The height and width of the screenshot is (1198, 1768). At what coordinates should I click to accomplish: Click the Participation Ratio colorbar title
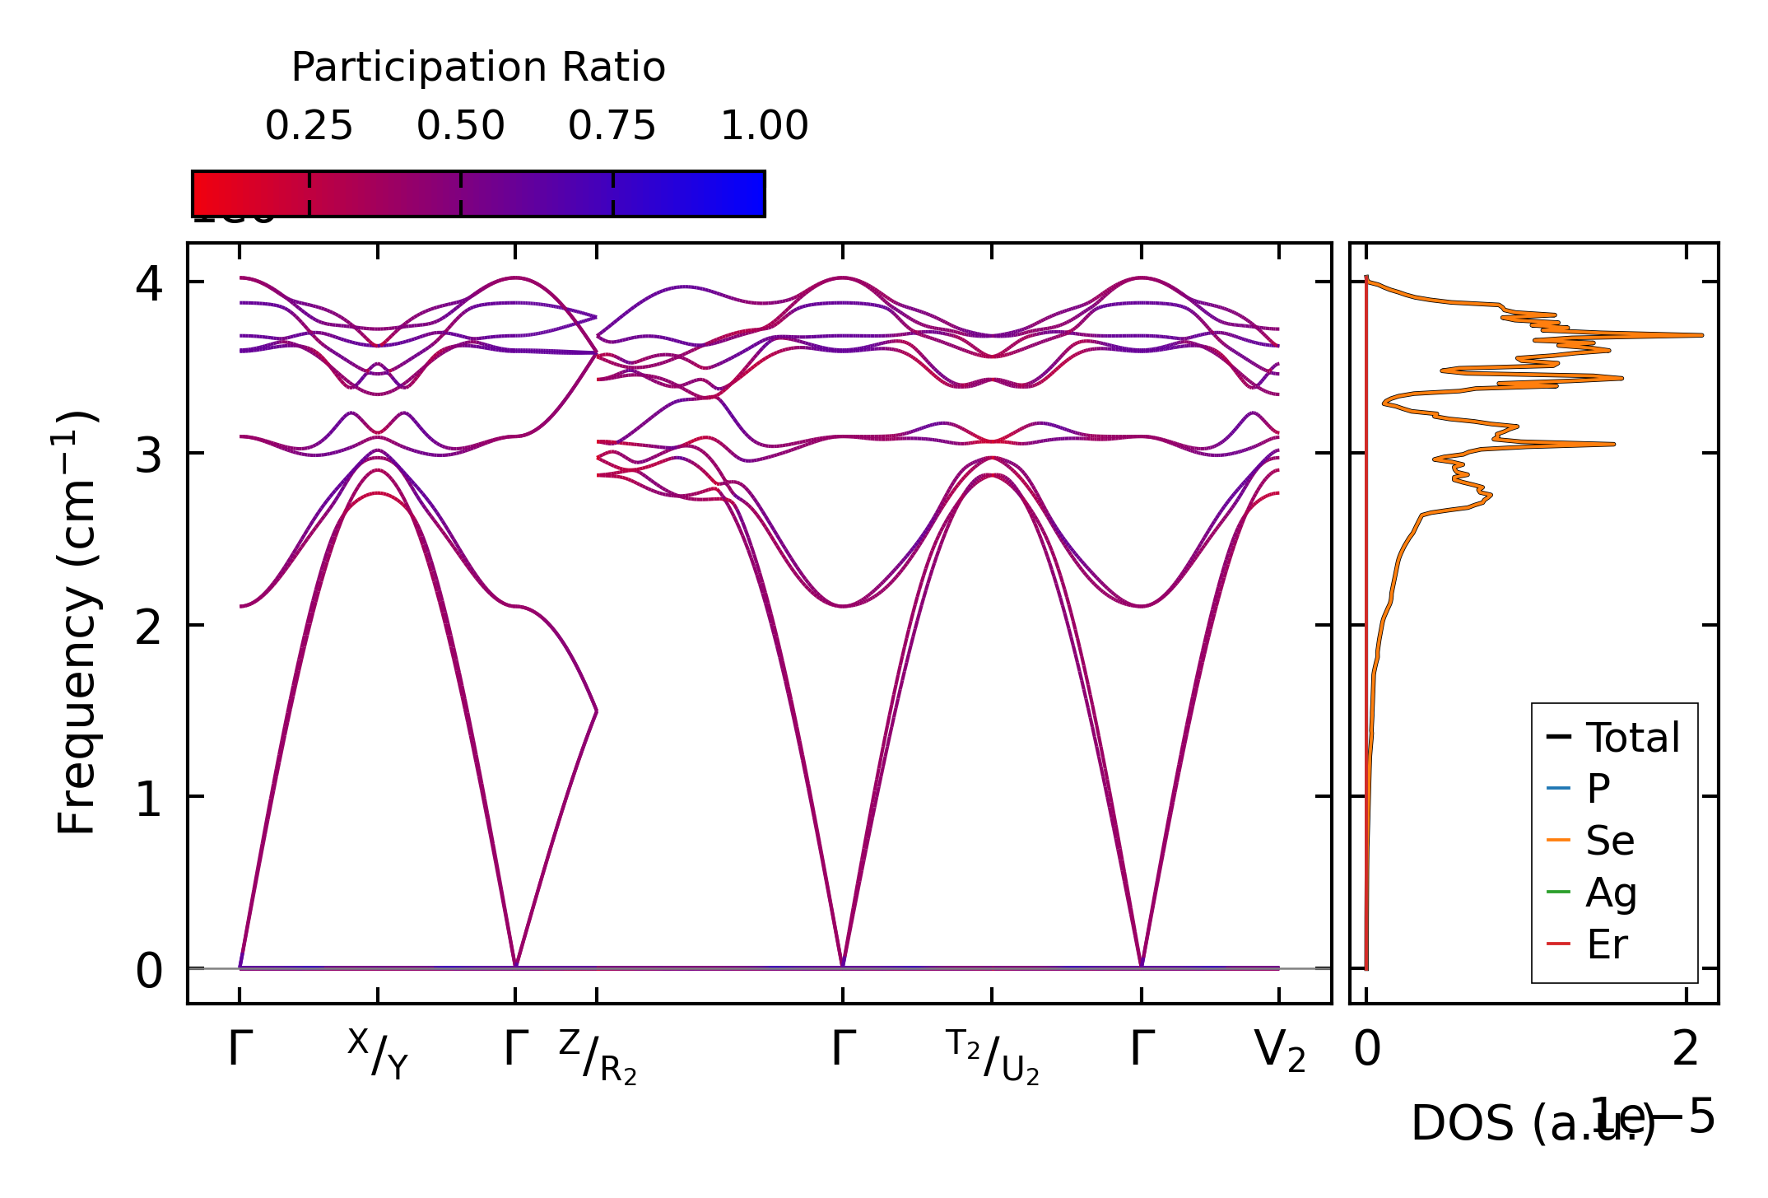click(x=478, y=68)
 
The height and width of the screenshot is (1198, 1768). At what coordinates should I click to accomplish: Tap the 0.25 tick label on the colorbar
click(x=309, y=126)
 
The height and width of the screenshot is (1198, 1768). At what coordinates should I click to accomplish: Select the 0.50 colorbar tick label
click(x=460, y=126)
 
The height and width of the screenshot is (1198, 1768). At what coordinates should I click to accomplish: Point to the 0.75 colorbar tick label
click(x=612, y=126)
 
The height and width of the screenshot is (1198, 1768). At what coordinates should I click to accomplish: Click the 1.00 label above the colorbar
click(x=764, y=126)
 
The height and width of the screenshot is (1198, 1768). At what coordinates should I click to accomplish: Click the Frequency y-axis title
click(x=77, y=623)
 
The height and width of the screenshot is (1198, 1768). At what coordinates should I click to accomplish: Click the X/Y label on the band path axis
click(x=378, y=1054)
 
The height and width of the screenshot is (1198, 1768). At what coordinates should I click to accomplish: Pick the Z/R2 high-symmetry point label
click(x=598, y=1056)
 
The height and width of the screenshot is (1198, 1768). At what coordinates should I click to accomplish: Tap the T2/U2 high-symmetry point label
click(x=992, y=1056)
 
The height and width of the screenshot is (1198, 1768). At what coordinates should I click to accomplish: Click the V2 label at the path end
click(x=1279, y=1051)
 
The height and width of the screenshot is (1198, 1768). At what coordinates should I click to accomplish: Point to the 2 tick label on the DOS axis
click(x=1686, y=1050)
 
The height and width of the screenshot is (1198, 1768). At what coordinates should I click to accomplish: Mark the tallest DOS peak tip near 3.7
click(x=1701, y=335)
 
